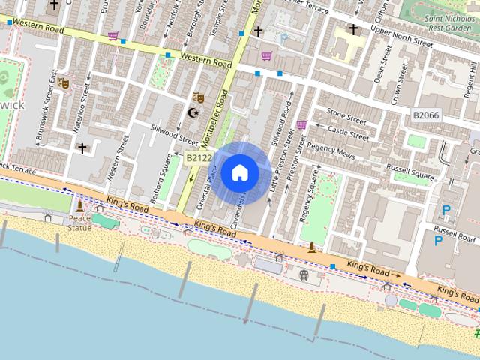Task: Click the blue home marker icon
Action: pos(239,172)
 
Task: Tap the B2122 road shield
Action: pos(199,157)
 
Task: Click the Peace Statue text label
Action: pos(80,223)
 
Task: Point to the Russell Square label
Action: pos(412,177)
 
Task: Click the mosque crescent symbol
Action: pos(193,112)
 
